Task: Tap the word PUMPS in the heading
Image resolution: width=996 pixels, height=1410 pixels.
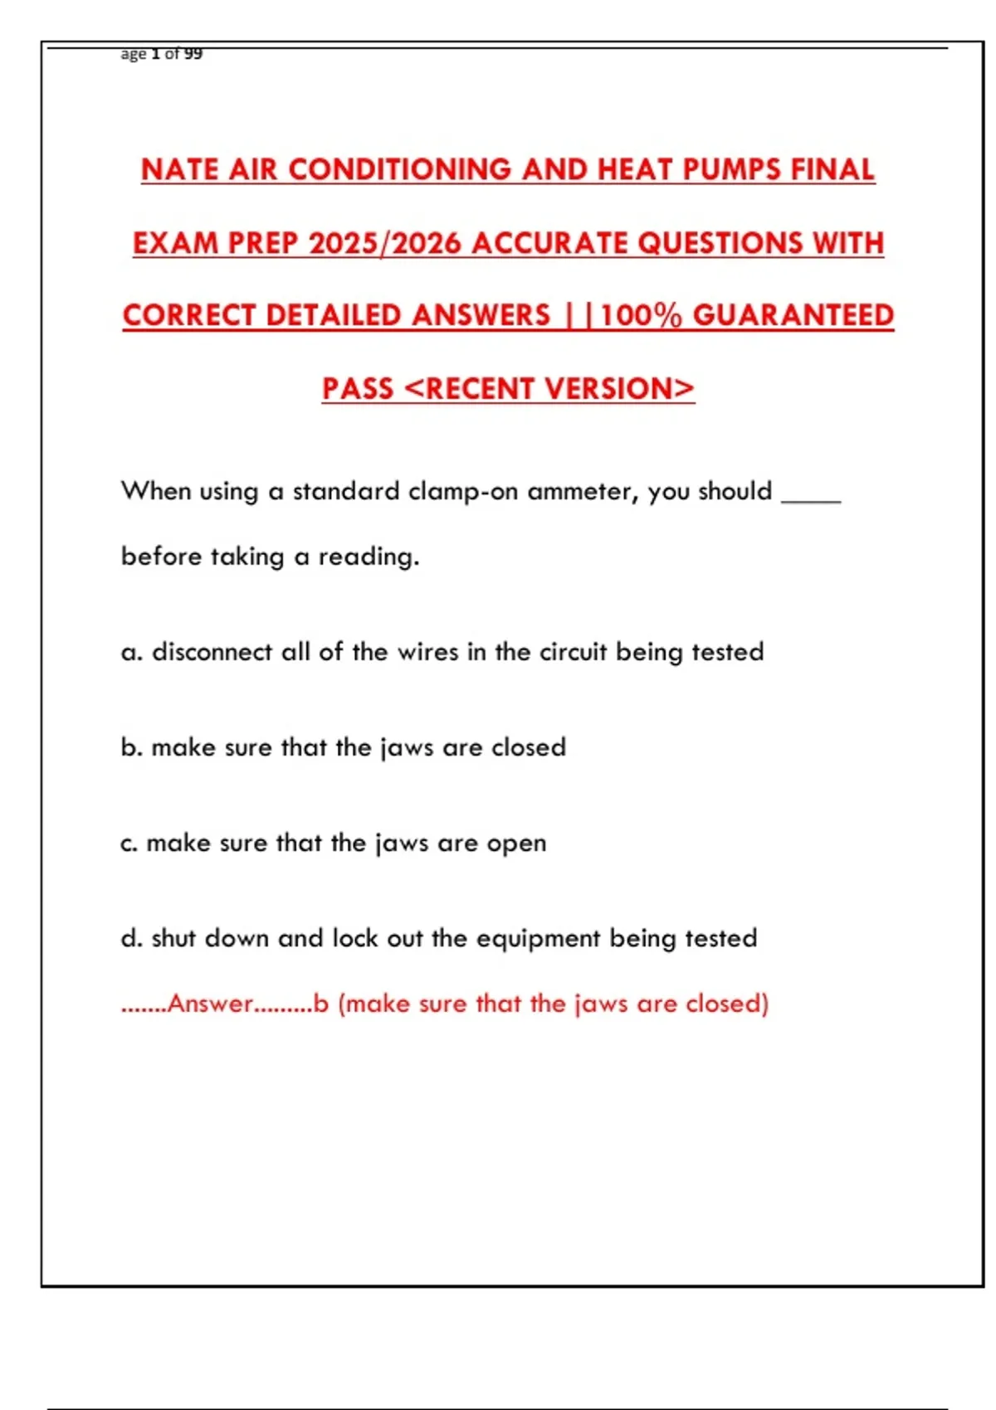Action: pos(733,169)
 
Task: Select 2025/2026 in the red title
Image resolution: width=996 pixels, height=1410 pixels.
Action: pos(384,243)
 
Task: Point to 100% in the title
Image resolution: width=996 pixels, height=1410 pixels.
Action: pos(641,315)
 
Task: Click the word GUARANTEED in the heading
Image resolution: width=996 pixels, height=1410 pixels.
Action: pos(793,315)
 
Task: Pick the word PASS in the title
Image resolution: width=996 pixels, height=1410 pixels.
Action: pos(358,388)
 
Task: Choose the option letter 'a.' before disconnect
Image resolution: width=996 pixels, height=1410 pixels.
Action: pos(131,653)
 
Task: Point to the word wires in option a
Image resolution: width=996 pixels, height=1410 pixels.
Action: pos(427,652)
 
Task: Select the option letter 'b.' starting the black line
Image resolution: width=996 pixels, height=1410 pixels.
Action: pos(131,747)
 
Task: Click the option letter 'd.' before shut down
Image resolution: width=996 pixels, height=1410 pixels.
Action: pos(131,938)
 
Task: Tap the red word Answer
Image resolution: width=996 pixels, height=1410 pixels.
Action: pos(210,1004)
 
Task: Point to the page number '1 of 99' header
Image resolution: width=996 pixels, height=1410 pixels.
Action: pos(176,54)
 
